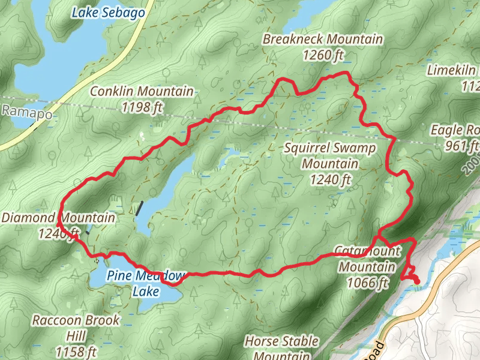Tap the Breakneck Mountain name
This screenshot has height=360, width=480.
[322, 40]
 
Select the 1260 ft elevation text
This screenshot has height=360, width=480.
[322, 55]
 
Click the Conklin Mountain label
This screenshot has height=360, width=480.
[142, 92]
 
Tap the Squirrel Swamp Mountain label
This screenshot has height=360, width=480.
[330, 155]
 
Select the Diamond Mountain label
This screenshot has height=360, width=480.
[58, 218]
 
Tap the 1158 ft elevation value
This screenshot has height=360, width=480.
[76, 351]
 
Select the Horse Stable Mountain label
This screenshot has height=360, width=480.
[281, 348]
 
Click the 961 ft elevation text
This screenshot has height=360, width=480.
[462, 146]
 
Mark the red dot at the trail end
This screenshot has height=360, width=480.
[416, 280]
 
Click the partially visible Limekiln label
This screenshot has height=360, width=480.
[453, 71]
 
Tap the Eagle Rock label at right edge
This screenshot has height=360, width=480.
[455, 130]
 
